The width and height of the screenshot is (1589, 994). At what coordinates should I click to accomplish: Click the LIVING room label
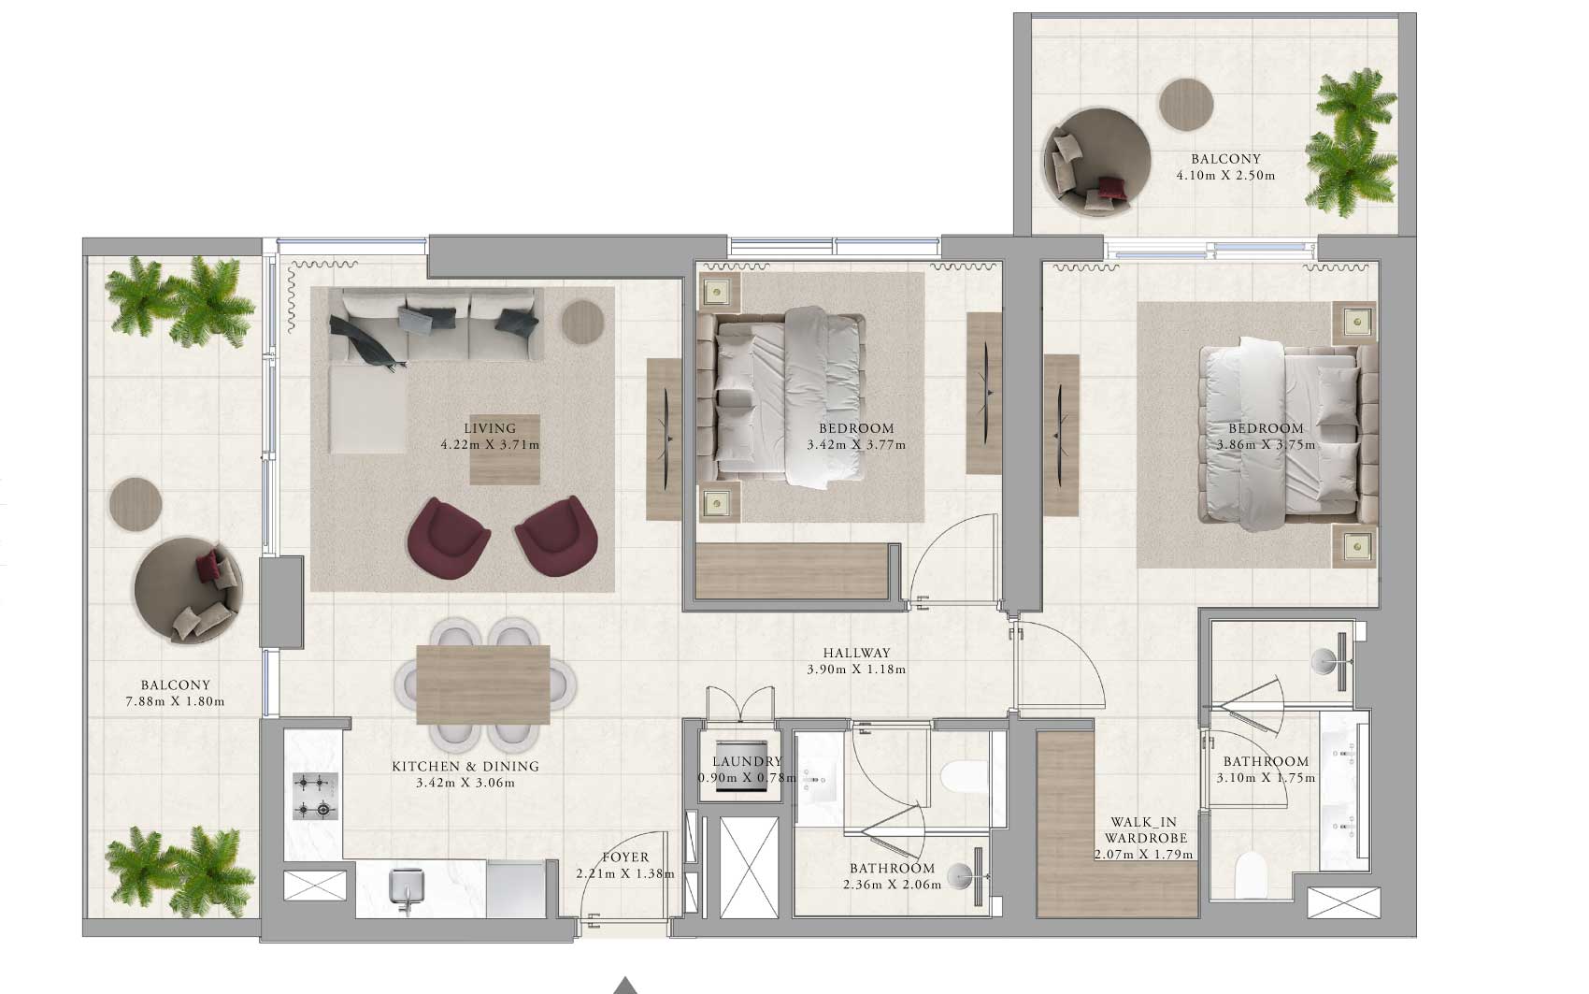point(490,428)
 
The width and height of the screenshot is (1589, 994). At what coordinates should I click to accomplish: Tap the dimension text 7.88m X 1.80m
point(175,701)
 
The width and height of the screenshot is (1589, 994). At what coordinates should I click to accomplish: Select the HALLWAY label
point(856,653)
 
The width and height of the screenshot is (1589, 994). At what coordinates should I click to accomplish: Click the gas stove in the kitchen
point(316,796)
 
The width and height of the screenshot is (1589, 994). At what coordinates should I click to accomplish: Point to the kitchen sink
point(407,886)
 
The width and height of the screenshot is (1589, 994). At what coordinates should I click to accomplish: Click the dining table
point(483,684)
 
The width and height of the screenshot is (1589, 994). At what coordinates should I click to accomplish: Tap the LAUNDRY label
point(747,761)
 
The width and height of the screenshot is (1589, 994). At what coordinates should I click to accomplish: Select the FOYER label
point(625,857)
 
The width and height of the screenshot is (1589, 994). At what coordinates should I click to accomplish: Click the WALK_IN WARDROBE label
point(1143,830)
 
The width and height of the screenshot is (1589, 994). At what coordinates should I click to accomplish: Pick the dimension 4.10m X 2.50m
point(1225,175)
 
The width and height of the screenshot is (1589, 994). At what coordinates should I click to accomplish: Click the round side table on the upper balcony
point(1186,105)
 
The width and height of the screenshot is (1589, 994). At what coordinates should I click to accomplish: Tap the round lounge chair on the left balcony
point(188,590)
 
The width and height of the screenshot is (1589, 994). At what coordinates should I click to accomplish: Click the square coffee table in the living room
point(505,450)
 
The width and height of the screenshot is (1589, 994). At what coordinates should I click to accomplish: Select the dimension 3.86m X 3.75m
point(1266,445)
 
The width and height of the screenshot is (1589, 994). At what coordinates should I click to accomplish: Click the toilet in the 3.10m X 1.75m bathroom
point(1251,875)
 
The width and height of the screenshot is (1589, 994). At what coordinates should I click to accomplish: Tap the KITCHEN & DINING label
point(465,766)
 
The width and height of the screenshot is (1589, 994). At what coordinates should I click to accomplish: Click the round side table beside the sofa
point(582,322)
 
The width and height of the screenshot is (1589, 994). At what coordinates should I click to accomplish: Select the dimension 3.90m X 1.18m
point(856,669)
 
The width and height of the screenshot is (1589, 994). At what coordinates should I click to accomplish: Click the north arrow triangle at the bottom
point(624,987)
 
